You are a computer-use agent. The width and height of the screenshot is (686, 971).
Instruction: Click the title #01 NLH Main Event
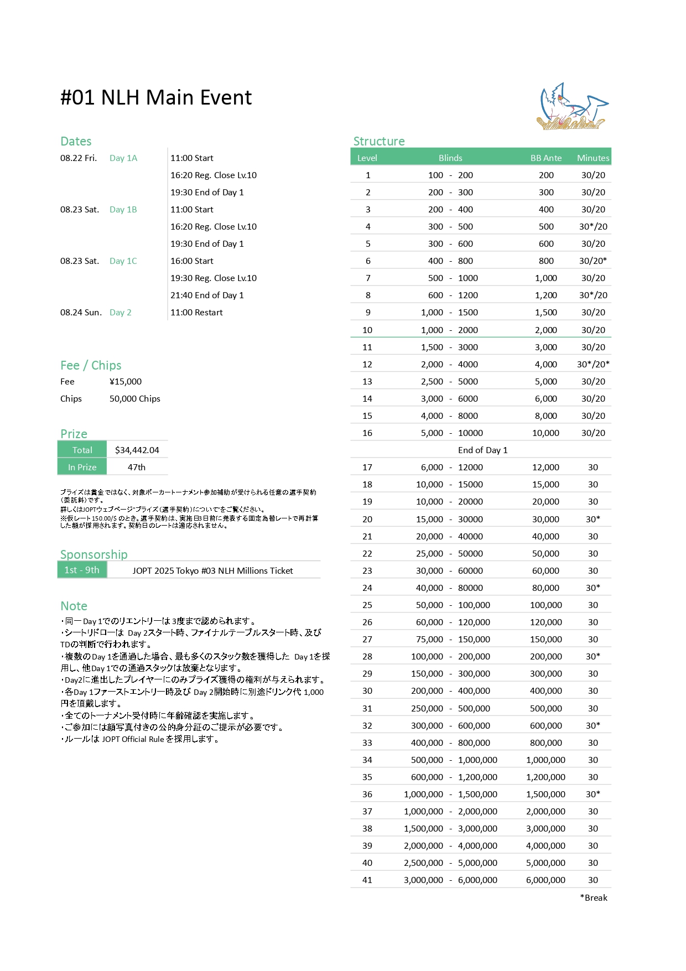[156, 98]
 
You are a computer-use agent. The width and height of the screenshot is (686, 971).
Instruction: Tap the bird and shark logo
[573, 107]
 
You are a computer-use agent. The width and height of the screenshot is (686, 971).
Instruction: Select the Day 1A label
[123, 158]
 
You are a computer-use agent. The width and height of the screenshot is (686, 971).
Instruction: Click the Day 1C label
[123, 261]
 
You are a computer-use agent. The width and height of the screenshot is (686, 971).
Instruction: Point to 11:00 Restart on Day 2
[196, 313]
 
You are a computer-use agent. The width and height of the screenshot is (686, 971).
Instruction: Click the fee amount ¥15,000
[126, 382]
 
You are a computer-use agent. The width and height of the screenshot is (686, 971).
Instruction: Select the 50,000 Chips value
[135, 399]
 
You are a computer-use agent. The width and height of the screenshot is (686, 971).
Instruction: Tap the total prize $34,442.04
[137, 450]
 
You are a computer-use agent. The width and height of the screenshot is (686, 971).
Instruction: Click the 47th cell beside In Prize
[137, 468]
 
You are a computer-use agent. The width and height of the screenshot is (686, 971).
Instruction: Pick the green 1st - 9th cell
[82, 570]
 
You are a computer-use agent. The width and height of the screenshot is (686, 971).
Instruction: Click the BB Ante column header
[546, 158]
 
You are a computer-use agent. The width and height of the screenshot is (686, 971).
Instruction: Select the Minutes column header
[593, 158]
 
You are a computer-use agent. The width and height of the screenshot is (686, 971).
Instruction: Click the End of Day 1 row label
[482, 450]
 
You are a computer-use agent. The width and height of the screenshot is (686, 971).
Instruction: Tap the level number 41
[367, 880]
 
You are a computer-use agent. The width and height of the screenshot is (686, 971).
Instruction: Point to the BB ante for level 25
[546, 605]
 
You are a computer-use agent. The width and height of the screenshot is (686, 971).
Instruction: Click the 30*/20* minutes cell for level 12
[593, 365]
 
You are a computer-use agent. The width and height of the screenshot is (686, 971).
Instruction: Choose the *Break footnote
[594, 898]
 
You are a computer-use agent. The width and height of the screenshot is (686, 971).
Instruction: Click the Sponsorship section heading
[94, 554]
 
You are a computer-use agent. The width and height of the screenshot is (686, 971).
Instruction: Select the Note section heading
[74, 606]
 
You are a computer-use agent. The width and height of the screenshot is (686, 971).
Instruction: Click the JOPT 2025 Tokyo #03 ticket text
[213, 571]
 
